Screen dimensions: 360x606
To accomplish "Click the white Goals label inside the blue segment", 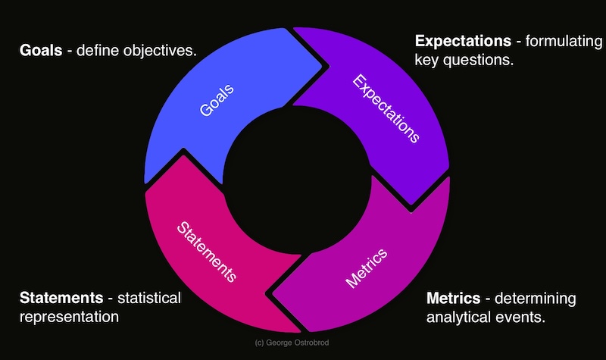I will pyautogui.click(x=217, y=100).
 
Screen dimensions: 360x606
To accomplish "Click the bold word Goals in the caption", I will pyautogui.click(x=40, y=52).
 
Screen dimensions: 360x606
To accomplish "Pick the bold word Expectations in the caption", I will pyautogui.click(x=463, y=39).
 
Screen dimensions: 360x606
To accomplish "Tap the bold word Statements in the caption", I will pyautogui.click(x=61, y=297).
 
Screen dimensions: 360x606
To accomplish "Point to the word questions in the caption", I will pyautogui.click(x=481, y=59).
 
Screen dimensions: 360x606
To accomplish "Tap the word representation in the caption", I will pyautogui.click(x=69, y=317).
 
